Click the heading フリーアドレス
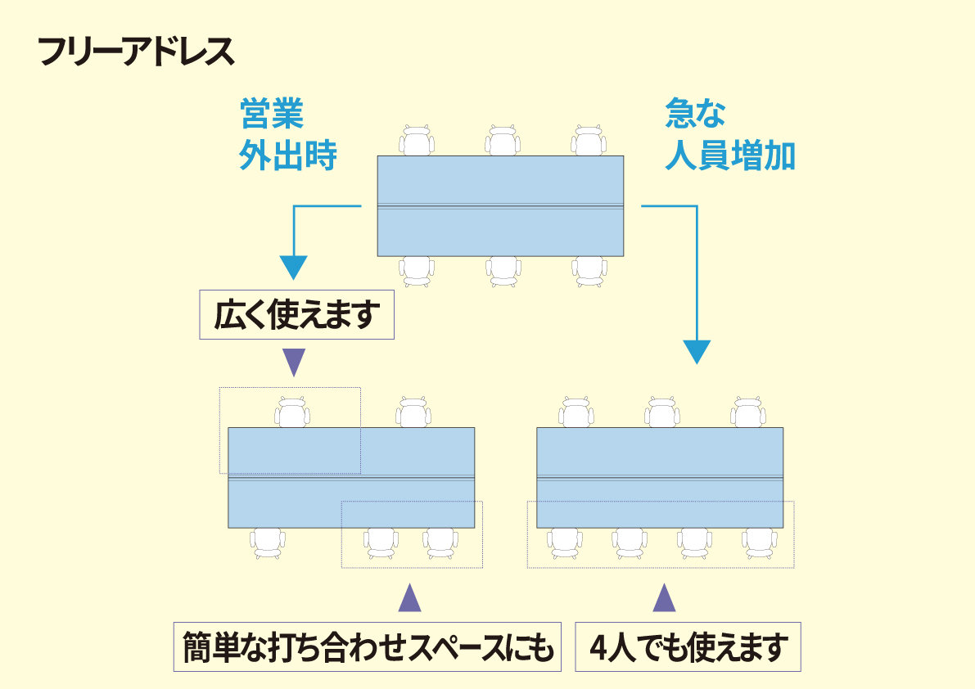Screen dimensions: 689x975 (x=136, y=52)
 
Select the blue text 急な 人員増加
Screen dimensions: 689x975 (x=729, y=135)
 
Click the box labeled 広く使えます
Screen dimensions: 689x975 (x=297, y=315)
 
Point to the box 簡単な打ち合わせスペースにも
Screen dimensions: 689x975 (x=367, y=648)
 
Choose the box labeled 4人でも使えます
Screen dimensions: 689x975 (x=688, y=648)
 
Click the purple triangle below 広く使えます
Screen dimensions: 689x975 (x=293, y=362)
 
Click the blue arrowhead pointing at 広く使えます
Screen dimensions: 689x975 (x=293, y=267)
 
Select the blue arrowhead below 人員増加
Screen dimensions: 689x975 (x=696, y=351)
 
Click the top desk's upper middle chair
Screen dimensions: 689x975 (x=503, y=141)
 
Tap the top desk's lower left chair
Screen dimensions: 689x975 (x=417, y=270)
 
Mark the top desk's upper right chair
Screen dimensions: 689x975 (x=589, y=141)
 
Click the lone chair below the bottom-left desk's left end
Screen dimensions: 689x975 (x=268, y=542)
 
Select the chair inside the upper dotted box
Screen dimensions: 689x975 (x=292, y=412)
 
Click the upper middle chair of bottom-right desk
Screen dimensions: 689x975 (x=661, y=412)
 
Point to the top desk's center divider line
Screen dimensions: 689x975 (x=500, y=205)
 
